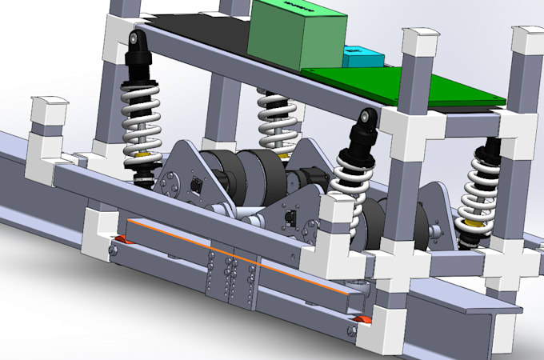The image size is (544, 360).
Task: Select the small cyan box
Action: [x=362, y=57]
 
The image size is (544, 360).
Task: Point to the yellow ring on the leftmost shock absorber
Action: [x=143, y=154]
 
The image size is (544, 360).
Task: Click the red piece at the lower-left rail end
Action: [x=120, y=241]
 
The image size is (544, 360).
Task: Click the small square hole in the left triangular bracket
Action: [x=195, y=186]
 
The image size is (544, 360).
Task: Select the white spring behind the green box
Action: [x=277, y=120]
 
